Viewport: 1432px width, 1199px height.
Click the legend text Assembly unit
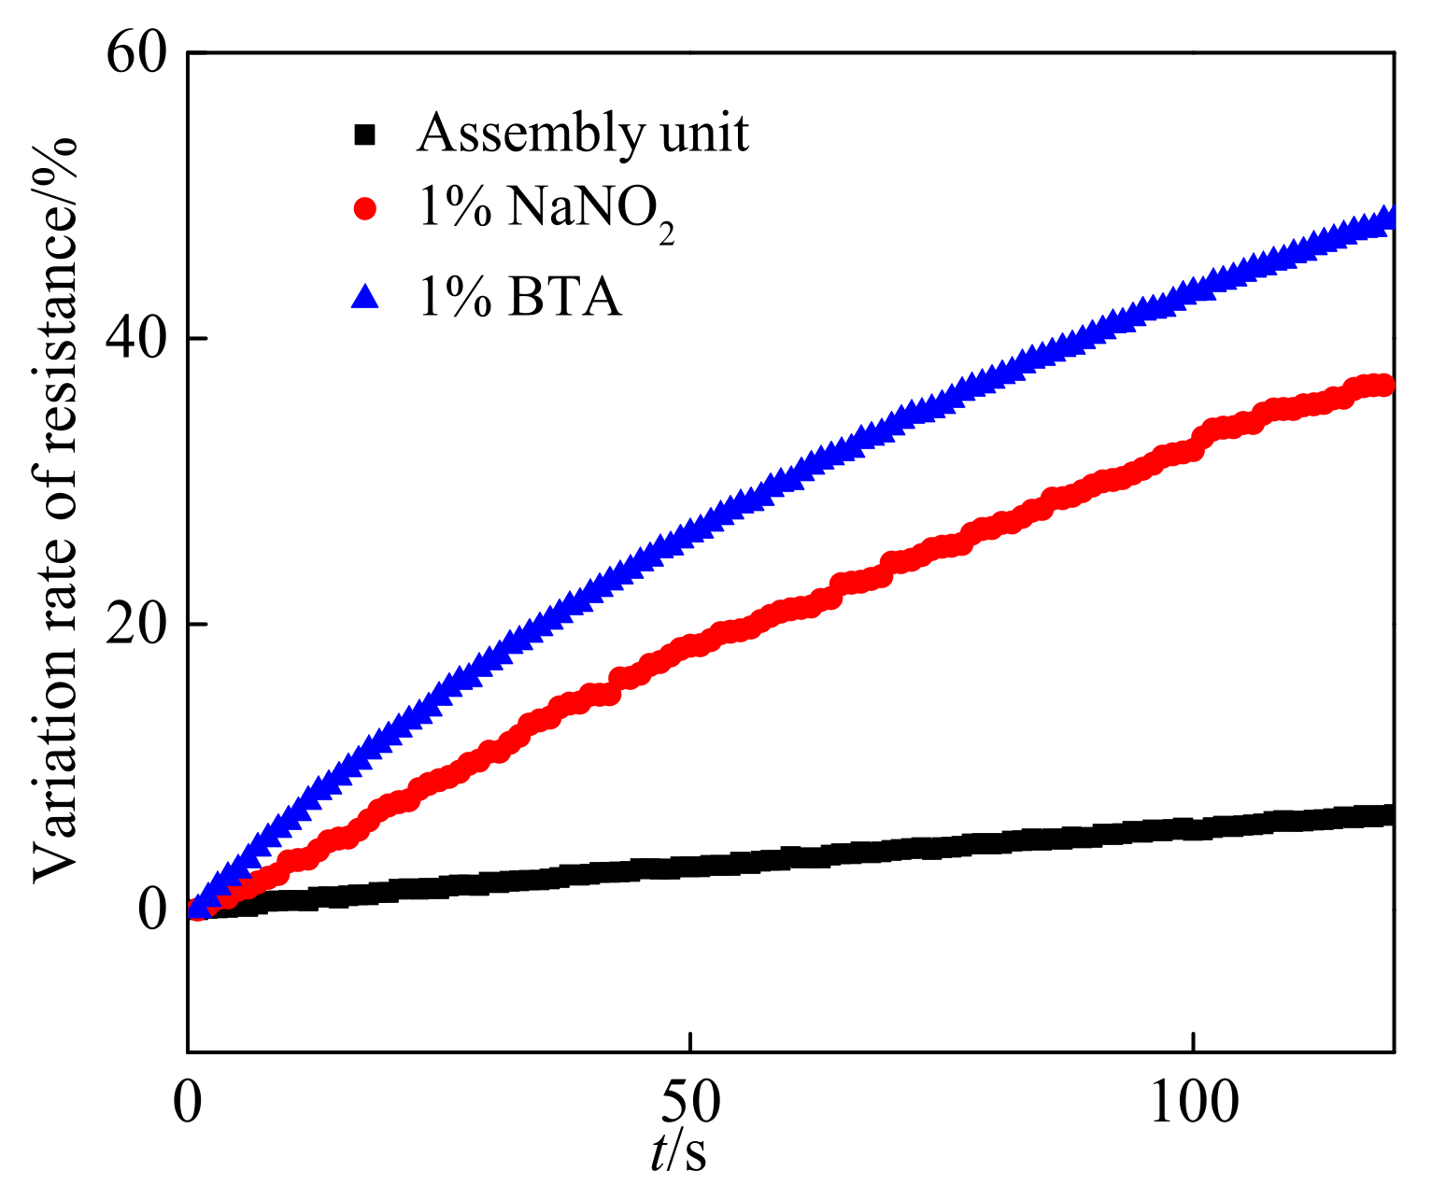[x=583, y=134]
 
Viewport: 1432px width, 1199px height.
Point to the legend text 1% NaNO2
[x=546, y=212]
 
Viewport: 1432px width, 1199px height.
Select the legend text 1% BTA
[x=519, y=298]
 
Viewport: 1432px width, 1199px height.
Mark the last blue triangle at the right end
[x=1389, y=218]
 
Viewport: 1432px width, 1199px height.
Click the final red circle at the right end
[x=1385, y=385]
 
